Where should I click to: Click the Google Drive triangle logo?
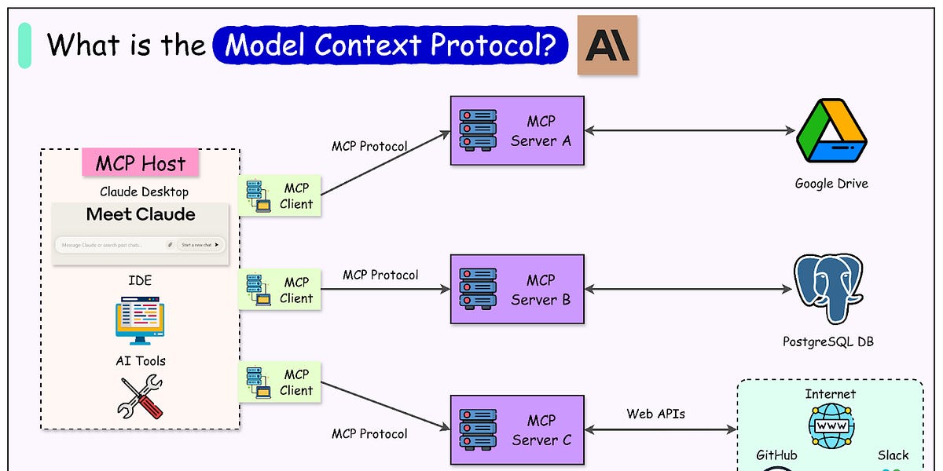[831, 131]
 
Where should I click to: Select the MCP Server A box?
[517, 130]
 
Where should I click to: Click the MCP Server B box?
[517, 289]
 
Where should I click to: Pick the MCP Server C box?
[517, 429]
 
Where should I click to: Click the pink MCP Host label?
[141, 163]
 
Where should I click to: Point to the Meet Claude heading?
[141, 214]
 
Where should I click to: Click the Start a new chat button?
[200, 245]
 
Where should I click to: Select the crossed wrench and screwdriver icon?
[140, 396]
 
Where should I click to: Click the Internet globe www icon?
[831, 426]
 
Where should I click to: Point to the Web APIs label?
[655, 413]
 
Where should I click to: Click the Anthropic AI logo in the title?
[607, 46]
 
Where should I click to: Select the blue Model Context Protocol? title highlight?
[390, 46]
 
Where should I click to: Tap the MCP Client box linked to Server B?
[280, 290]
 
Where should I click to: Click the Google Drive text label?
[831, 184]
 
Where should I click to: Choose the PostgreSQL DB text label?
[828, 341]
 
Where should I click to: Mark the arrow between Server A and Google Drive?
[690, 131]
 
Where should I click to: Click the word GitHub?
[776, 455]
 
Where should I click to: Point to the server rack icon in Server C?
[478, 429]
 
